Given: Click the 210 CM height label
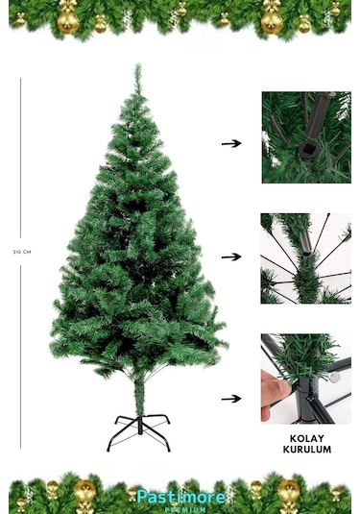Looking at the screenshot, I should click(x=21, y=252).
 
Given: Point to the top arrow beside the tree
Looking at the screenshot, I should click(x=230, y=143).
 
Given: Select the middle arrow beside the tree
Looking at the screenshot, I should click(x=230, y=257).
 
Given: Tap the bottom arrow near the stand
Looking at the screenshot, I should click(x=230, y=398).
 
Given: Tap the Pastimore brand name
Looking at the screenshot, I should click(x=180, y=497).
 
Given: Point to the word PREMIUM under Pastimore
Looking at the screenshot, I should click(x=180, y=509).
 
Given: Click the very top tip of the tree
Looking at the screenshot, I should click(x=137, y=66).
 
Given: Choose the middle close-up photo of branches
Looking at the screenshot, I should click(x=305, y=257).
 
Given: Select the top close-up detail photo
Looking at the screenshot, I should click(x=305, y=137).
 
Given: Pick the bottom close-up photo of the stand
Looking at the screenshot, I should click(x=305, y=379).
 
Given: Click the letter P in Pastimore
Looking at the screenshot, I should click(x=141, y=497).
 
